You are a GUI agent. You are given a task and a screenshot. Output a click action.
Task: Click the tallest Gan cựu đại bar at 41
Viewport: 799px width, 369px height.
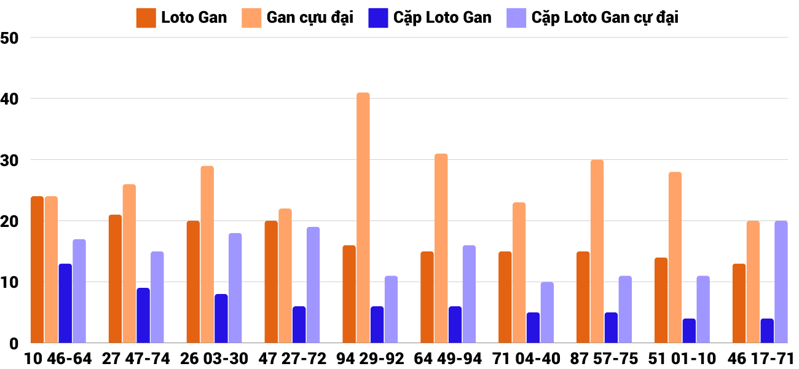[x=363, y=218]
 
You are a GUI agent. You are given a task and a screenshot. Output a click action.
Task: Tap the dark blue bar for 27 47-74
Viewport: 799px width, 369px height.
[x=143, y=315]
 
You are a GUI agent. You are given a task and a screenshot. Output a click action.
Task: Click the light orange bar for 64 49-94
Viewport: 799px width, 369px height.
[x=441, y=248]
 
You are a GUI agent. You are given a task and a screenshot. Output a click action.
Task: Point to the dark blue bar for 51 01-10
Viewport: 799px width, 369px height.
[x=689, y=331]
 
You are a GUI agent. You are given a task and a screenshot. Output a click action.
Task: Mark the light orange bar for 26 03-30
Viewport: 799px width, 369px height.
[x=207, y=255]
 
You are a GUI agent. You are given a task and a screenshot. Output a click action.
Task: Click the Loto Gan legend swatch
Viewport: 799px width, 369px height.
[x=146, y=18]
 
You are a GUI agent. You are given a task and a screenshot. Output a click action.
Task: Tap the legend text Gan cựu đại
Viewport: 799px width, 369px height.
[x=310, y=18]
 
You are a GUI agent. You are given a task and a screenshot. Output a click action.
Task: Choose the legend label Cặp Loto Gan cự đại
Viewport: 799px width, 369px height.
[x=605, y=18]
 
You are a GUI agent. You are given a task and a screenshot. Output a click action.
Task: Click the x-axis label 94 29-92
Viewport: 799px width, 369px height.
[x=371, y=359]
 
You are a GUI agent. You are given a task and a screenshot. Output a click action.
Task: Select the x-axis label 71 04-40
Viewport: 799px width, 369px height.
[x=527, y=359]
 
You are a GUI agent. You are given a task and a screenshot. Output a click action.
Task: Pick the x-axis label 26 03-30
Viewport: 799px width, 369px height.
[x=215, y=359]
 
